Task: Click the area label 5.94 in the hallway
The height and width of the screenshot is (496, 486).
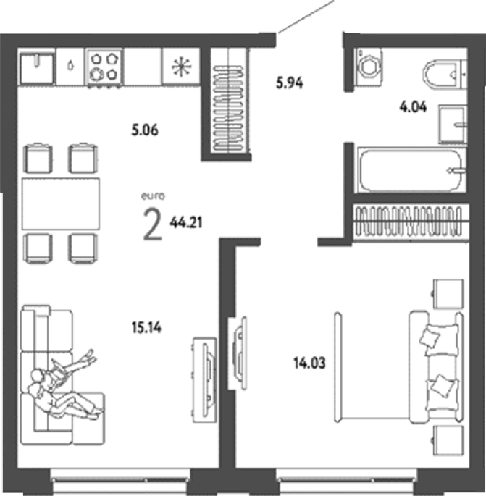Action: [x=290, y=83]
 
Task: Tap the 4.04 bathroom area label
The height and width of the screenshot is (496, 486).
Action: [x=413, y=107]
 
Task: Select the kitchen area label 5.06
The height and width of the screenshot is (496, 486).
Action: [x=145, y=130]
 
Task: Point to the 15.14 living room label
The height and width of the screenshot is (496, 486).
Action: [x=146, y=327]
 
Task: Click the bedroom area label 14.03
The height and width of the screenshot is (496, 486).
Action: [x=309, y=363]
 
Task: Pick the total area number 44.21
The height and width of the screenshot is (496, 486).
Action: [x=186, y=222]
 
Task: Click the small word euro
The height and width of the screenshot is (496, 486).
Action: [x=153, y=196]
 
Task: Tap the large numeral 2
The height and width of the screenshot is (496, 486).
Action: [x=153, y=225]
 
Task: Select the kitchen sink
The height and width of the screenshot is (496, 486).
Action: [x=37, y=67]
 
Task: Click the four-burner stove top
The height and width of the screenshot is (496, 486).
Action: [x=104, y=67]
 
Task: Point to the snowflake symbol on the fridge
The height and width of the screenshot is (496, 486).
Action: [x=181, y=67]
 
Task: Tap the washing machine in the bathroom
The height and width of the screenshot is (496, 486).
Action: [x=369, y=67]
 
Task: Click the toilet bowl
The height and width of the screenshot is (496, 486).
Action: [x=443, y=75]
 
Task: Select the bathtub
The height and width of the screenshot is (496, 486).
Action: [x=411, y=170]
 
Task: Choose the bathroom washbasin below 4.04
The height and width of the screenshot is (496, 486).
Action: [x=453, y=125]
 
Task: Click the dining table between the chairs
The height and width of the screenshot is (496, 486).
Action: [x=61, y=203]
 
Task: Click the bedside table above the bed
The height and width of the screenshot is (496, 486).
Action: [x=448, y=294]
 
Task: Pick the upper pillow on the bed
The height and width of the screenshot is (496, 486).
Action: [x=430, y=337]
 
